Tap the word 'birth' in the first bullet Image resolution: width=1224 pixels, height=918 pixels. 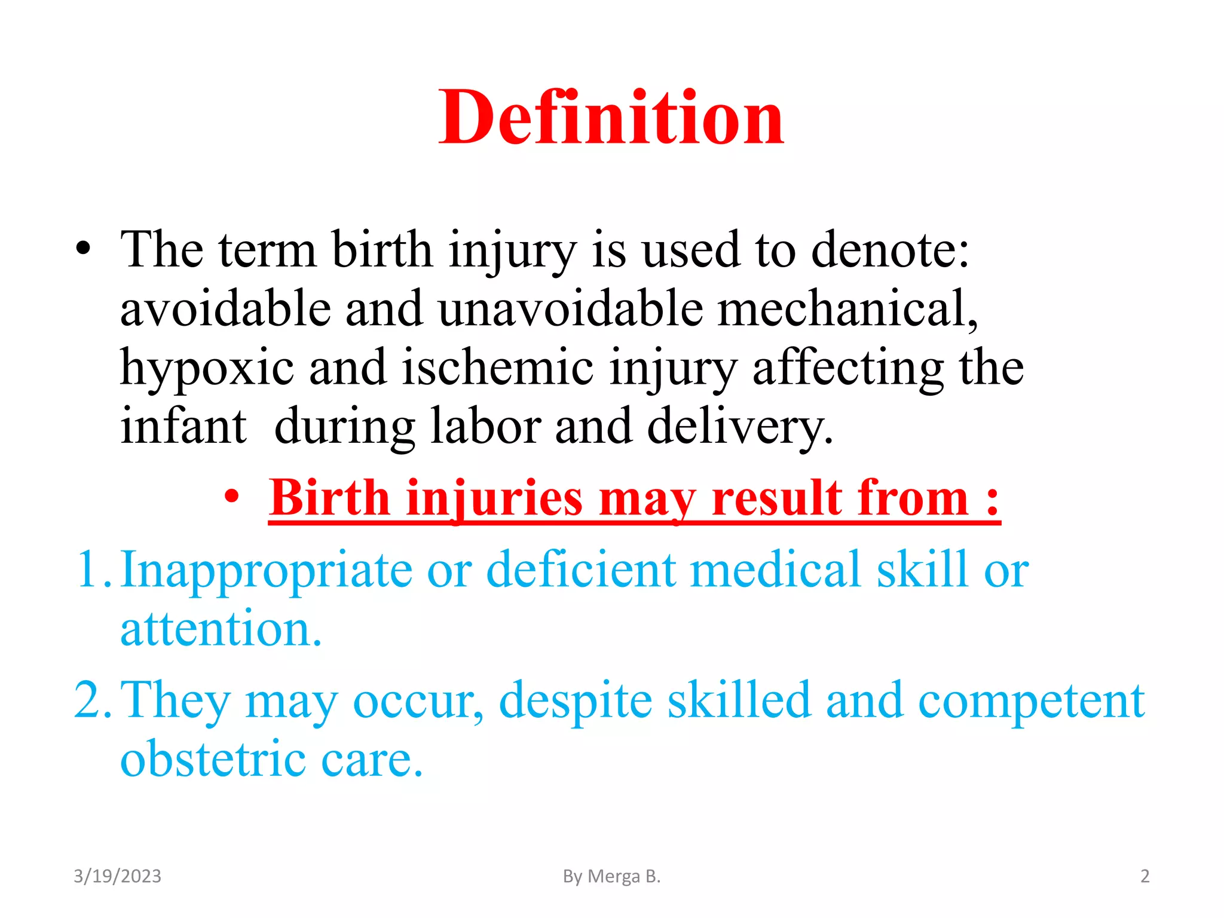(x=381, y=249)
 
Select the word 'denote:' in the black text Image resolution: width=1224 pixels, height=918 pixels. (x=890, y=249)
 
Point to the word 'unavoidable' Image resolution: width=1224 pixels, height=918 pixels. (x=570, y=308)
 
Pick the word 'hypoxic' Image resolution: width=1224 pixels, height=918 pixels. (x=207, y=368)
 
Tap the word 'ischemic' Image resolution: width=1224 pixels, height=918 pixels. (x=497, y=367)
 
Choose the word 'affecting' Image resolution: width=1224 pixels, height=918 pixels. (x=848, y=368)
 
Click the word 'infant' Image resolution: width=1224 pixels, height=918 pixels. (x=183, y=426)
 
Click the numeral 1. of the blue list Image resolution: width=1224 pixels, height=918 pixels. (x=93, y=569)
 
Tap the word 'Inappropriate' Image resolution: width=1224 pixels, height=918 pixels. (x=267, y=570)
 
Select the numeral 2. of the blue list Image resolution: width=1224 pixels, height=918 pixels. (x=93, y=700)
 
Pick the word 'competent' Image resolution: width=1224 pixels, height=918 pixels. (x=1031, y=701)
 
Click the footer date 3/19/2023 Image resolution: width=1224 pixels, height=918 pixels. (x=117, y=876)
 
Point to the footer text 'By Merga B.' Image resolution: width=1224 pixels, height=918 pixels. (x=611, y=876)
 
